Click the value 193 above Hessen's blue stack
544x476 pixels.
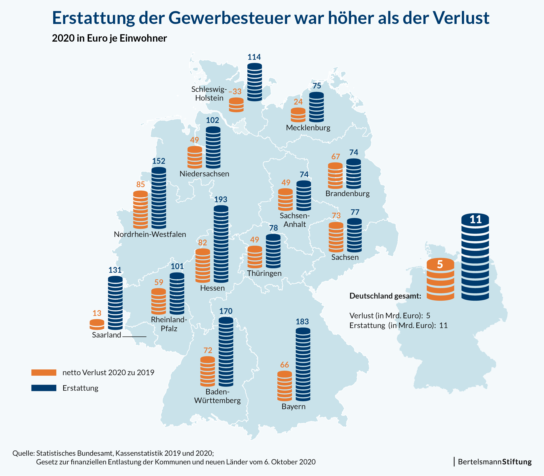click(x=221, y=200)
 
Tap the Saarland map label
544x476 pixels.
click(x=107, y=335)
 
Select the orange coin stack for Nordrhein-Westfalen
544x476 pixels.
click(x=141, y=210)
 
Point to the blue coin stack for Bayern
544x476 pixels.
click(x=303, y=364)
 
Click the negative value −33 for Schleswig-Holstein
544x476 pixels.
click(x=235, y=92)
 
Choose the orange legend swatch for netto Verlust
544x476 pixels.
click(x=44, y=373)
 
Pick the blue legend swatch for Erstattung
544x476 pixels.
click(x=44, y=388)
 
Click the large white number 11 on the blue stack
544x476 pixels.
click(x=476, y=219)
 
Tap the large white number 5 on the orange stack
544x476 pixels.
click(x=440, y=264)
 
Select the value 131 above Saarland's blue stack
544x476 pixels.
click(x=115, y=270)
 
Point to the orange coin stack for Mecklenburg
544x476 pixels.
click(x=298, y=115)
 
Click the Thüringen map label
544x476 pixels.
click(x=264, y=273)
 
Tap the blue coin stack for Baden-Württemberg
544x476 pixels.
click(x=226, y=352)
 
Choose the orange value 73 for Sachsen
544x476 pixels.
click(x=336, y=215)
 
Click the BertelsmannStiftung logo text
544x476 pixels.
click(x=495, y=462)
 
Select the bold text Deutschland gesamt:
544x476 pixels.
click(x=385, y=296)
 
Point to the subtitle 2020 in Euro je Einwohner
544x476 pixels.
click(x=109, y=38)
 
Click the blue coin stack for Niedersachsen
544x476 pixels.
click(x=213, y=147)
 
